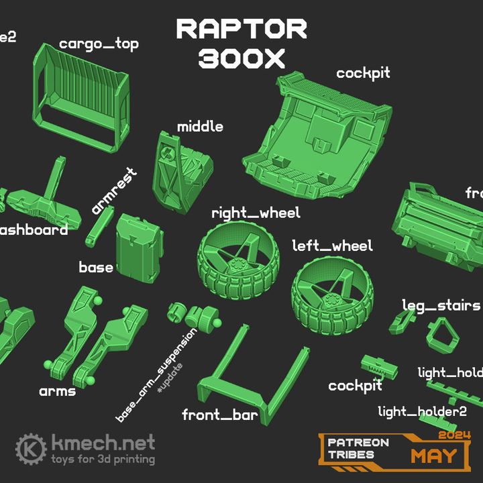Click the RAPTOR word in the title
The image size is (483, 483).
coord(241,29)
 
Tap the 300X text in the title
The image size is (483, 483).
coord(241,59)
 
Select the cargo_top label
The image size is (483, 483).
coord(99,44)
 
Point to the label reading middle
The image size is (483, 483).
coord(200,127)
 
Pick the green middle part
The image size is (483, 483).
coord(178,170)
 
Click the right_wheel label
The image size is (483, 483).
coord(256,213)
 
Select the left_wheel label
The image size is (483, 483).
coord(331,246)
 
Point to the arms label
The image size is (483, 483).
coord(57,390)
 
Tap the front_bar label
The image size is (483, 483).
coord(219,415)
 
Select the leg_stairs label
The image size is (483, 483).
coord(441,305)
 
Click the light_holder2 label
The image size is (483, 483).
coord(422,411)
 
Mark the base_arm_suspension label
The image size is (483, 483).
coord(156,376)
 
